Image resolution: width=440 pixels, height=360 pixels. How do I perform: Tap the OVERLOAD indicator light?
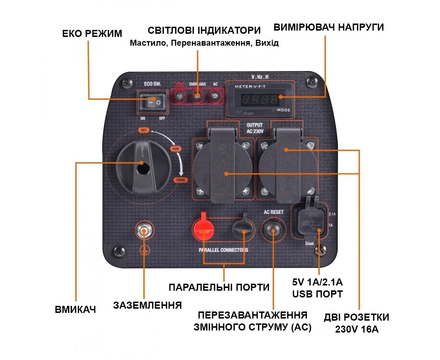[x=198, y=96]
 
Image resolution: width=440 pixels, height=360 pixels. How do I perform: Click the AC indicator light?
[x=215, y=96]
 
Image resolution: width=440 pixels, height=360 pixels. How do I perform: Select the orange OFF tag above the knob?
[x=143, y=130]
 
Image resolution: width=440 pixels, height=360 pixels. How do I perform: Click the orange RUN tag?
[x=176, y=149]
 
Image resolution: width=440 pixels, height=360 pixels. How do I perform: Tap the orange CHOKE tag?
[x=181, y=180]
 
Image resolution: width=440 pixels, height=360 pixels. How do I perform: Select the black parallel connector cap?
[x=242, y=228]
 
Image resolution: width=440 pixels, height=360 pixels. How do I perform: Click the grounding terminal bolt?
[x=144, y=231]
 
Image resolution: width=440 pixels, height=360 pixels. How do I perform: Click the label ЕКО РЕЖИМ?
[x=92, y=34]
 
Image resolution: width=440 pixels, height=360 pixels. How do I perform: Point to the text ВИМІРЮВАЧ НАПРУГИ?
[x=328, y=27]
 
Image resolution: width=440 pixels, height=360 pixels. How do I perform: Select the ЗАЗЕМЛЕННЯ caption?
[x=147, y=305]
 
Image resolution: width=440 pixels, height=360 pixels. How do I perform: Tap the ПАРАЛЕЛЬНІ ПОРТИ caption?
[x=219, y=287]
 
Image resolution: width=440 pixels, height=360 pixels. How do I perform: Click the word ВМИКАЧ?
[x=75, y=310]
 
